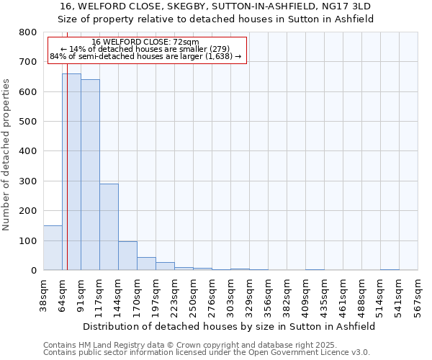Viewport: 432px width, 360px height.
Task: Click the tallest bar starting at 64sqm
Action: click(71, 172)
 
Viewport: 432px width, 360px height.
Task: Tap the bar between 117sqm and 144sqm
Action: click(109, 227)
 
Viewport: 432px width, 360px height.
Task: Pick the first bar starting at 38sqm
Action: click(53, 248)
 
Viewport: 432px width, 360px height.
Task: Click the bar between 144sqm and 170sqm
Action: click(127, 256)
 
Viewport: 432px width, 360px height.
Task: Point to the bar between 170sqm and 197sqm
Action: click(146, 264)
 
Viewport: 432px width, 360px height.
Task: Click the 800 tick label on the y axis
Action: click(27, 32)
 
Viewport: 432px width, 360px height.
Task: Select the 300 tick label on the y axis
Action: click(27, 181)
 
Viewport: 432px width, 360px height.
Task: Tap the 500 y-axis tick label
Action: click(27, 122)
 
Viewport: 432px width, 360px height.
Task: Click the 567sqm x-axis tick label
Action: click(418, 296)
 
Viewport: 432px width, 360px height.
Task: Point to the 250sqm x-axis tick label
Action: click(194, 296)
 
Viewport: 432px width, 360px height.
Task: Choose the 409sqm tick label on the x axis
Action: click(306, 296)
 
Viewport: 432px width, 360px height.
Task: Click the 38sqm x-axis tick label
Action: click(44, 296)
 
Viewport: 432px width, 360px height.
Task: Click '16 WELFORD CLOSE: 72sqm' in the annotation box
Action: click(145, 42)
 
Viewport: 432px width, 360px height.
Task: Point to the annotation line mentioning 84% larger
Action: click(145, 56)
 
